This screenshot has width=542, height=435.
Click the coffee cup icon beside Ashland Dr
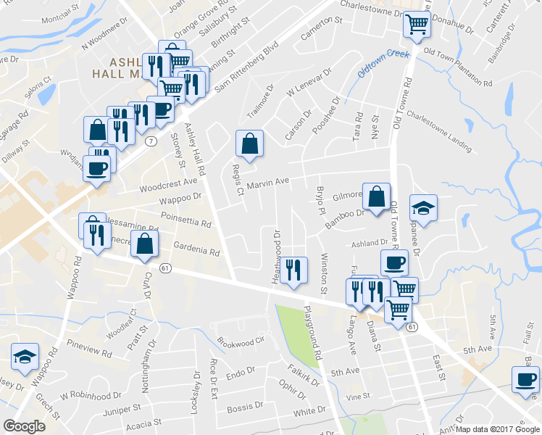point(394,262)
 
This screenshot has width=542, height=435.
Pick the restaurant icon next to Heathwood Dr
point(293,270)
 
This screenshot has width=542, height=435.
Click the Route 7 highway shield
point(151,138)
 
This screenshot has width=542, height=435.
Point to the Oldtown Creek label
point(383,64)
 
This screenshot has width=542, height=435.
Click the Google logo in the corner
point(24,426)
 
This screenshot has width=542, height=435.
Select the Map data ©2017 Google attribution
point(497,429)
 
